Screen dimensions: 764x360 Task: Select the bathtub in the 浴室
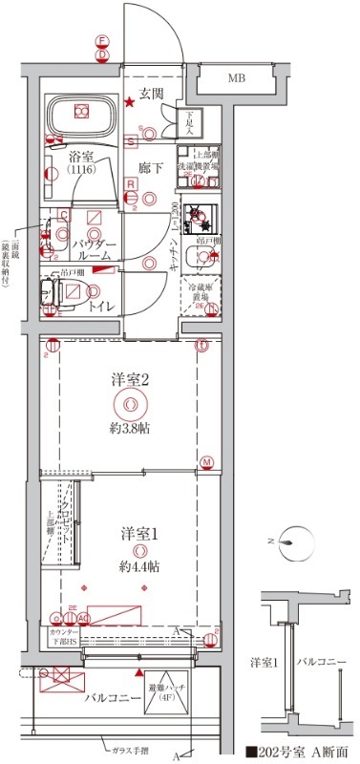point(80,117)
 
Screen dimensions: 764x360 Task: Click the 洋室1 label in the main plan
point(139,530)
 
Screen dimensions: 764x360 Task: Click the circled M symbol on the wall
point(206,463)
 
